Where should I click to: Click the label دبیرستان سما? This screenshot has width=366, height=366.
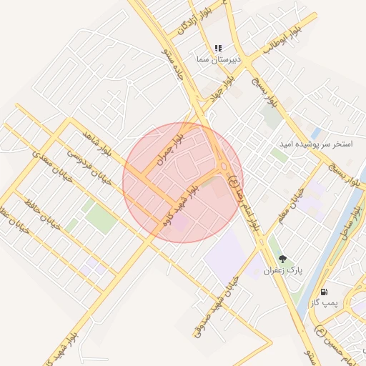217,61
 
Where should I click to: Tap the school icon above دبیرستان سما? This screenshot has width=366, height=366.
218,48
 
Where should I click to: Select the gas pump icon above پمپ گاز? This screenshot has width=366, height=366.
325,292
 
